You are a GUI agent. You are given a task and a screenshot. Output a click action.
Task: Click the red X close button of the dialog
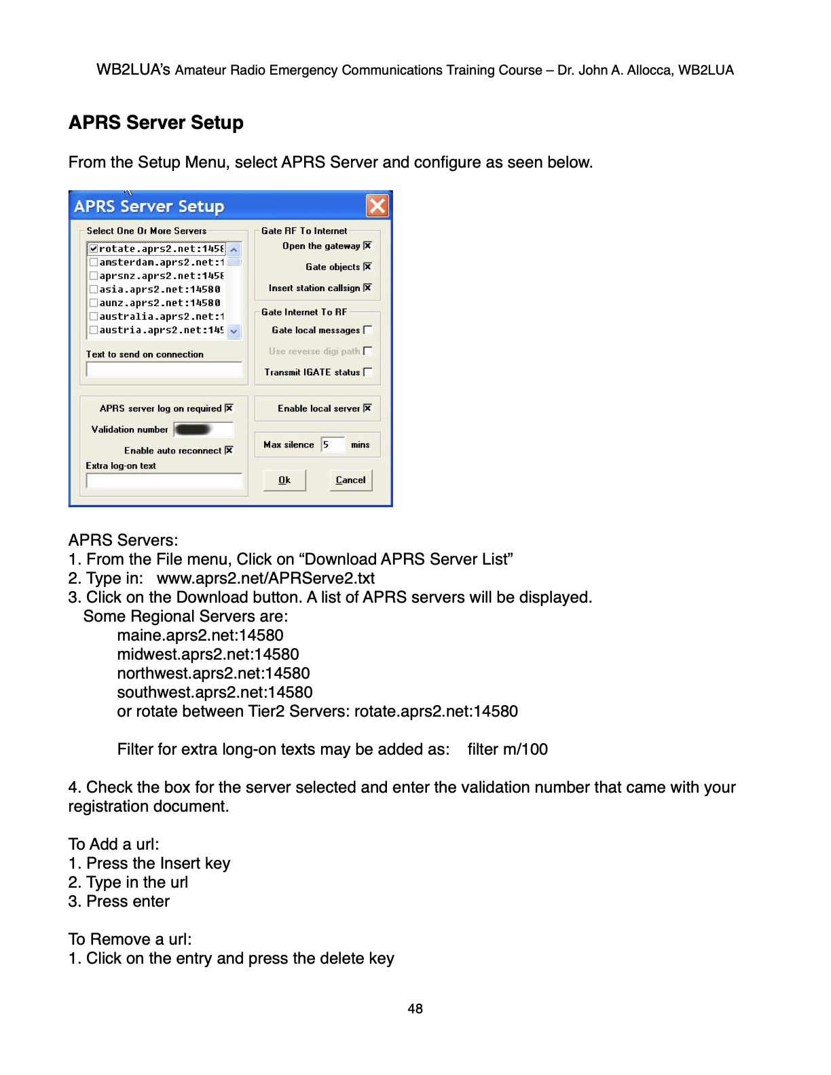(x=377, y=206)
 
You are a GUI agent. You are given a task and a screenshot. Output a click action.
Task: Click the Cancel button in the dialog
(x=350, y=480)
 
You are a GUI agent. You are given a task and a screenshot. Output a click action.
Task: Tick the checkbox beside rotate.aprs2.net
(x=94, y=249)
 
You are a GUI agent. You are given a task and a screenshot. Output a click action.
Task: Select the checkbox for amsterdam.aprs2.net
(x=94, y=263)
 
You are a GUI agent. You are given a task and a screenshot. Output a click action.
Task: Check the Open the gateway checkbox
(x=367, y=246)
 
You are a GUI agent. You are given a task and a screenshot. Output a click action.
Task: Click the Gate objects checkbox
(x=367, y=267)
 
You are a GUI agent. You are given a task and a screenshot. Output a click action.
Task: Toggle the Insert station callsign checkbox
(x=367, y=288)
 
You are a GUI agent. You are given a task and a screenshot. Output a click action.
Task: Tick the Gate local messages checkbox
(x=367, y=330)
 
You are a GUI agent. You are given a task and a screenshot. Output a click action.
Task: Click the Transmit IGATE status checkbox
(x=367, y=372)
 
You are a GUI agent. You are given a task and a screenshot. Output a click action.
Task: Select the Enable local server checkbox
(x=367, y=408)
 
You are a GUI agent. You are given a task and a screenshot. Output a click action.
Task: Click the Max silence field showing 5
(x=332, y=445)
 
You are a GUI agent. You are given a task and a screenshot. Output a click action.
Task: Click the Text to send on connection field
(x=164, y=369)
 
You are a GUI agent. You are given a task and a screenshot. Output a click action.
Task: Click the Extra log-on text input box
(x=164, y=481)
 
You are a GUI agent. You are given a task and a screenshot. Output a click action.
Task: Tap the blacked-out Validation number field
(x=202, y=430)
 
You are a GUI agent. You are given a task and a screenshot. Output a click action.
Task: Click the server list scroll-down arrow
(x=234, y=331)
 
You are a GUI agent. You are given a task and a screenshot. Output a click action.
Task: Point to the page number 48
(x=415, y=1008)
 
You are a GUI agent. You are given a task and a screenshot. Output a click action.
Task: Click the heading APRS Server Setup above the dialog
(x=156, y=123)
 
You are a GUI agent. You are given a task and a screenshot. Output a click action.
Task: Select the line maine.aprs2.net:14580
(x=200, y=635)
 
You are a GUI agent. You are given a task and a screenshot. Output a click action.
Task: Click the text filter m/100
(x=507, y=749)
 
